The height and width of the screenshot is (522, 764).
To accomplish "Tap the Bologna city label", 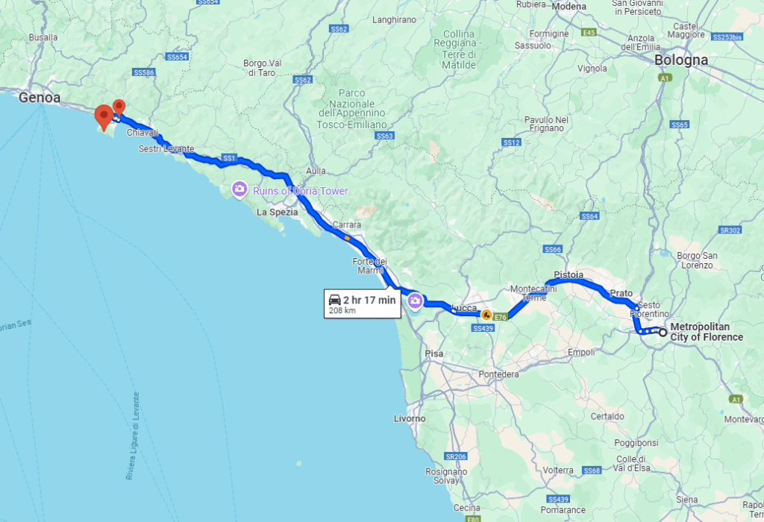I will pyautogui.click(x=680, y=60).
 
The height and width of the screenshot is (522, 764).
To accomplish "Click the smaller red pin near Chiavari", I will pyautogui.click(x=119, y=107).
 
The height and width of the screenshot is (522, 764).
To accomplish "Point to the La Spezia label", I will pyautogui.click(x=277, y=212).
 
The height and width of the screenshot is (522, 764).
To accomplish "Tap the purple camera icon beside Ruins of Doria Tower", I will pyautogui.click(x=239, y=189).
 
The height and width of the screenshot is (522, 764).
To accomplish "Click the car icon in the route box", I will pyautogui.click(x=335, y=300).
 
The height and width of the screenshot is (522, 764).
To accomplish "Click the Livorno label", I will pyautogui.click(x=410, y=418).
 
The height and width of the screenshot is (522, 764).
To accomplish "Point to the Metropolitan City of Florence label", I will pyautogui.click(x=707, y=332).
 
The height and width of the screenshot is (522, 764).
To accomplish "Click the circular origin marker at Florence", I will pyautogui.click(x=662, y=332).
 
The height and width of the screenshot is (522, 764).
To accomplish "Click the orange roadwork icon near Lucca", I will pyautogui.click(x=486, y=315).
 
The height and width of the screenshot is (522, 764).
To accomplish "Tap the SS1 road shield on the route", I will pyautogui.click(x=229, y=158).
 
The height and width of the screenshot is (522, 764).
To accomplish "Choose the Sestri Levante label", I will pyautogui.click(x=166, y=149).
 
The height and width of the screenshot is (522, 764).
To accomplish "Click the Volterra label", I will pyautogui.click(x=558, y=471).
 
